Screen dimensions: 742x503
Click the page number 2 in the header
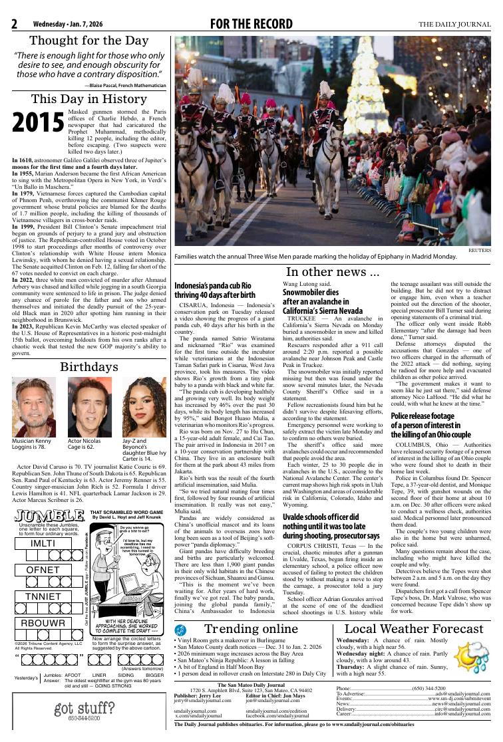point(14,25)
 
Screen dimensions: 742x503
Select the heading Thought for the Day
point(89,41)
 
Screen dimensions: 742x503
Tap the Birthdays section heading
point(89,368)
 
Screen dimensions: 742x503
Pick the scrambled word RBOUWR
point(43,623)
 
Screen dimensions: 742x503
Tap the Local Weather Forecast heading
point(414,629)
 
